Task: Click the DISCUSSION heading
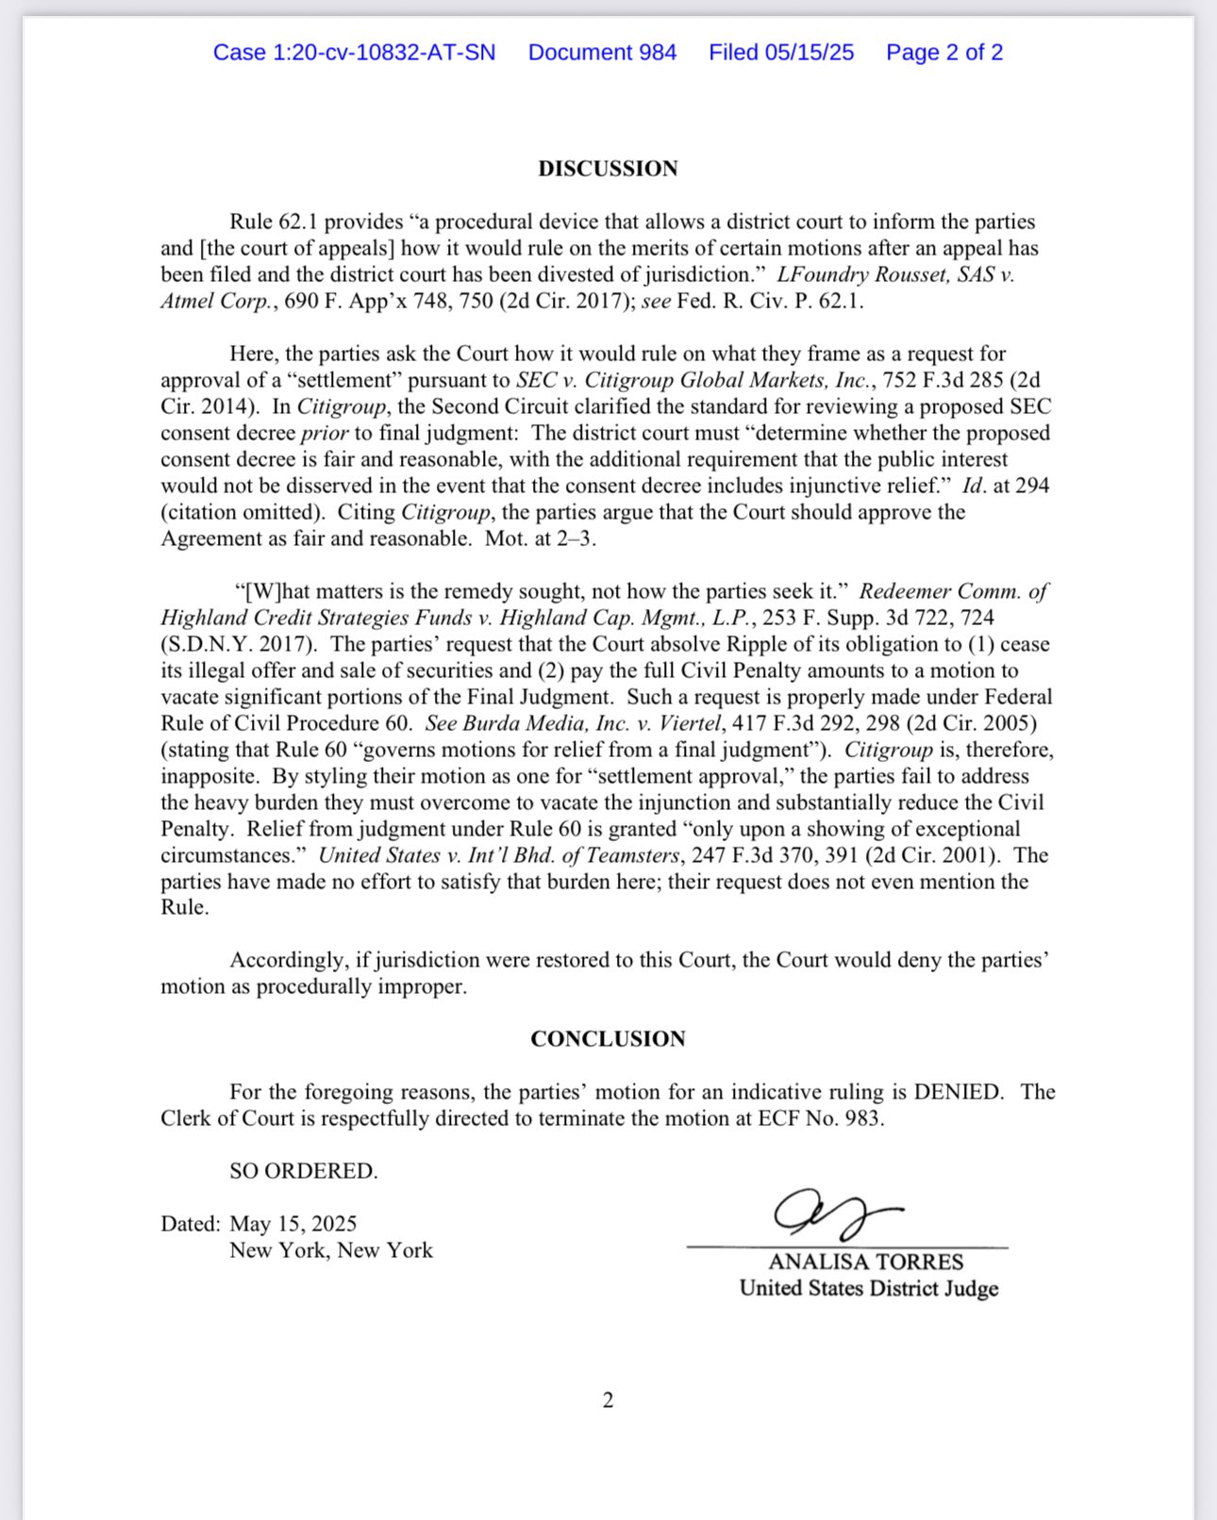pos(608,169)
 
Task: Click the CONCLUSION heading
pos(608,1039)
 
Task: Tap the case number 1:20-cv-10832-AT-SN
pos(354,53)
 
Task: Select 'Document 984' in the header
pos(602,53)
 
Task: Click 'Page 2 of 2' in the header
pos(944,53)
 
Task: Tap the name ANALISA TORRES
pos(866,1263)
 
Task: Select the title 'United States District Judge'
pos(869,1289)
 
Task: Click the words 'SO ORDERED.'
pos(303,1171)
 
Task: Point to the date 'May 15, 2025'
pos(293,1224)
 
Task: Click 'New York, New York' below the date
pos(331,1250)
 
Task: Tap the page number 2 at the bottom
pos(608,1400)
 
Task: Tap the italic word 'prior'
pos(325,434)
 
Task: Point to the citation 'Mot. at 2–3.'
pos(541,539)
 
